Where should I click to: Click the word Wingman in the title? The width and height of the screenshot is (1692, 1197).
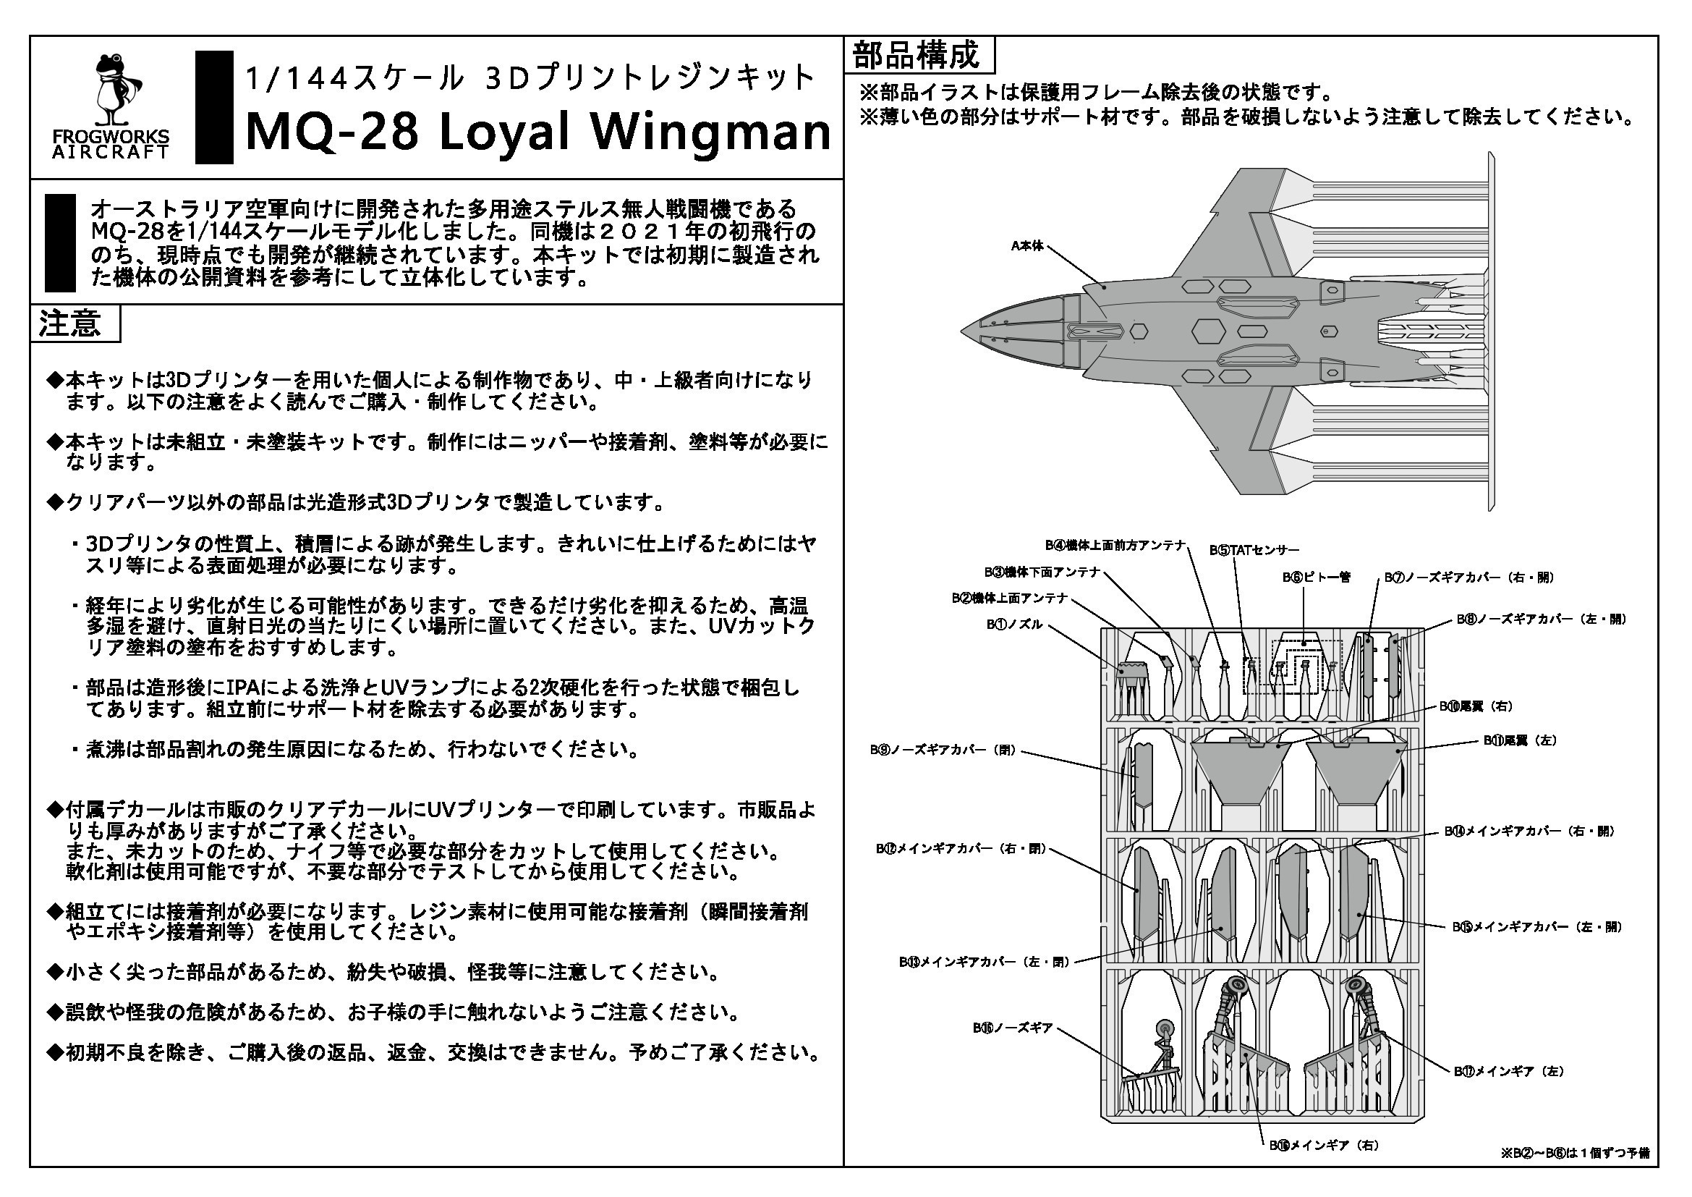711,132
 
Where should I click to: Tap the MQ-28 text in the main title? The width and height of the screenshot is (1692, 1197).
332,132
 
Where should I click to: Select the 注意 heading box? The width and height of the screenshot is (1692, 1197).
75,323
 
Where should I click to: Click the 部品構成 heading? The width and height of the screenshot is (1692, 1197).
918,55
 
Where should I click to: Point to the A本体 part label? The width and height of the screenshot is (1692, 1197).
1027,246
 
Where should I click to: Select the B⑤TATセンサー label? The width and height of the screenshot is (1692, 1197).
1254,550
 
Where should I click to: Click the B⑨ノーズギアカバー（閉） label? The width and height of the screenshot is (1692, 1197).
944,750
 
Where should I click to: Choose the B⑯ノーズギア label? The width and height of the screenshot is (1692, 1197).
1013,1028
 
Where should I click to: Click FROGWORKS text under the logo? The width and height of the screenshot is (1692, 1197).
111,137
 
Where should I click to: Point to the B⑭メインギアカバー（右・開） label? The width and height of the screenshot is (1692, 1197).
1529,831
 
